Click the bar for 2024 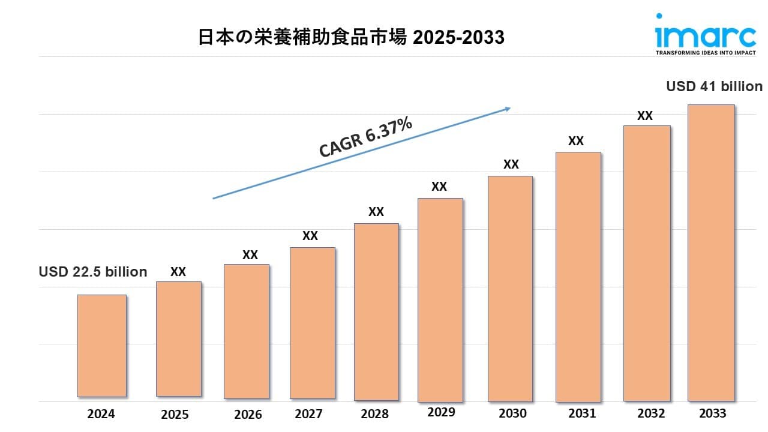(101, 346)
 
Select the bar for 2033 (711, 253)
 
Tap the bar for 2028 (376, 312)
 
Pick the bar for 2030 (510, 289)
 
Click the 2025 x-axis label (175, 415)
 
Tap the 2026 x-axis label (248, 415)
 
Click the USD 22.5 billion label (93, 272)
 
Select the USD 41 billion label (714, 86)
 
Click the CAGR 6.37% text (365, 137)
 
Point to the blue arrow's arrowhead (507, 109)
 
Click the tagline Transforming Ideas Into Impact (705, 53)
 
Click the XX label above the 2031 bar (576, 141)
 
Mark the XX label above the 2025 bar (178, 272)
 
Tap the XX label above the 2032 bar (645, 116)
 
